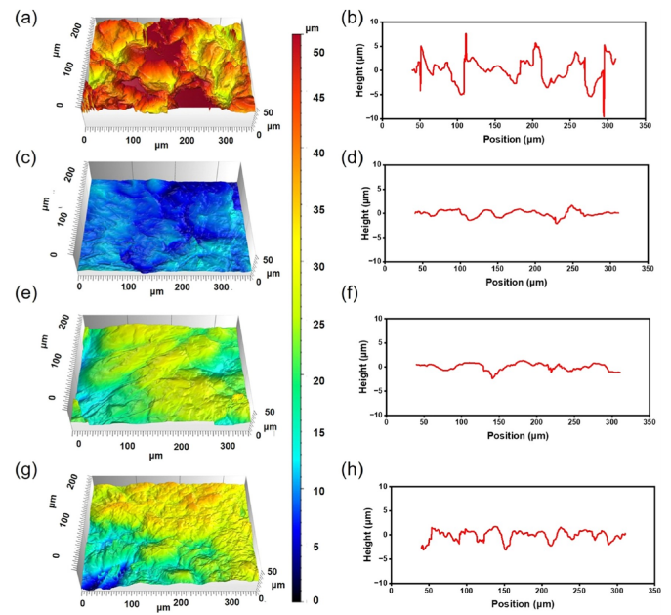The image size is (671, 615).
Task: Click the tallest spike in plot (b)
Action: pyautogui.click(x=466, y=34)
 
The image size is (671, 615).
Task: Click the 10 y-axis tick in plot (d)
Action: pyautogui.click(x=377, y=165)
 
